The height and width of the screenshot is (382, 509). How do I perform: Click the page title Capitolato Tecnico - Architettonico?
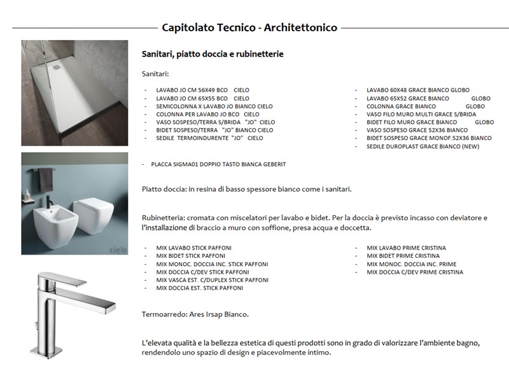click(249, 27)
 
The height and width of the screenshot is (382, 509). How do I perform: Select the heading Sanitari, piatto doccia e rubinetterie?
click(213, 54)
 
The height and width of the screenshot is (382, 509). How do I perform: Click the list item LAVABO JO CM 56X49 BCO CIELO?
click(202, 90)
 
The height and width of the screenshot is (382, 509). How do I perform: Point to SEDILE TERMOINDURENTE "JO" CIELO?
click(209, 138)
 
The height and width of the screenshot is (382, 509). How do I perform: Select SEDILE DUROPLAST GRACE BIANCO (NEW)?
click(422, 146)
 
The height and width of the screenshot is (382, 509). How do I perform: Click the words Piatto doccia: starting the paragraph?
click(163, 189)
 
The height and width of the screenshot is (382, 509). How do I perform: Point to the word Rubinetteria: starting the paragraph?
click(164, 218)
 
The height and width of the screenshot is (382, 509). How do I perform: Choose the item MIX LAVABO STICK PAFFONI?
click(193, 248)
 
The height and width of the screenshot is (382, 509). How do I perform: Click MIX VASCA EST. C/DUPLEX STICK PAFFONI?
click(212, 279)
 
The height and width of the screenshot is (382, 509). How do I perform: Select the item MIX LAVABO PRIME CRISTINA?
click(406, 248)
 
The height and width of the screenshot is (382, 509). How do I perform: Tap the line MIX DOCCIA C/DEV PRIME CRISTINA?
click(415, 272)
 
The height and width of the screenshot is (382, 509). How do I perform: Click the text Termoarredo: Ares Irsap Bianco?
click(195, 315)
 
